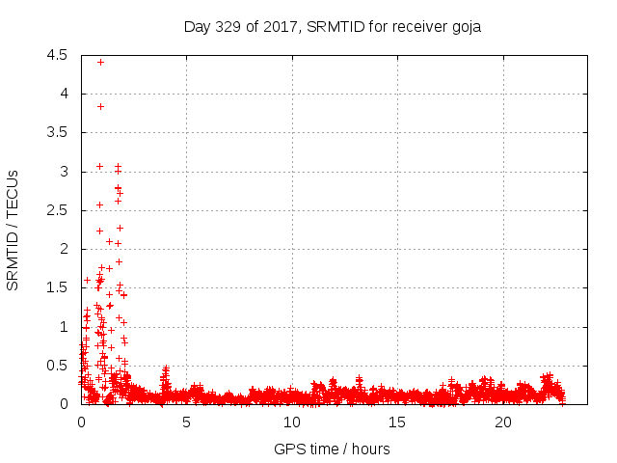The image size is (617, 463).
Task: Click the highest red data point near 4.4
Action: coord(100,62)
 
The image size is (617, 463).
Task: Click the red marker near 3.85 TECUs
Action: coord(100,106)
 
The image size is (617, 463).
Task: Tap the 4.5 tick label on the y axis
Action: coord(57,55)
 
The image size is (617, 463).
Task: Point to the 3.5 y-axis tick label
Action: coord(57,132)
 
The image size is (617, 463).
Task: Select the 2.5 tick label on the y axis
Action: coord(57,210)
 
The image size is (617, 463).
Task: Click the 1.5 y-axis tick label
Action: coord(57,287)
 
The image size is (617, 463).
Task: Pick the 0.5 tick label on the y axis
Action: coord(57,366)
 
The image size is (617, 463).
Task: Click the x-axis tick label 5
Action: coord(187,422)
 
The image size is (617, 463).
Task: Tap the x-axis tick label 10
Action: coord(292,422)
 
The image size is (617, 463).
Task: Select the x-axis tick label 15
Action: coord(398,422)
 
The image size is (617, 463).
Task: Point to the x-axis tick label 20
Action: coord(503,422)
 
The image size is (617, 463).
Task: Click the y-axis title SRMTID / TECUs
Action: coord(13,230)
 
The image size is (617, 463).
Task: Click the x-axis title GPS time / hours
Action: coord(332,449)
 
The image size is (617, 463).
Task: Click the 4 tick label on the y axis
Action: coord(63,94)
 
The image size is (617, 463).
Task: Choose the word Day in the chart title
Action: coord(196,26)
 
